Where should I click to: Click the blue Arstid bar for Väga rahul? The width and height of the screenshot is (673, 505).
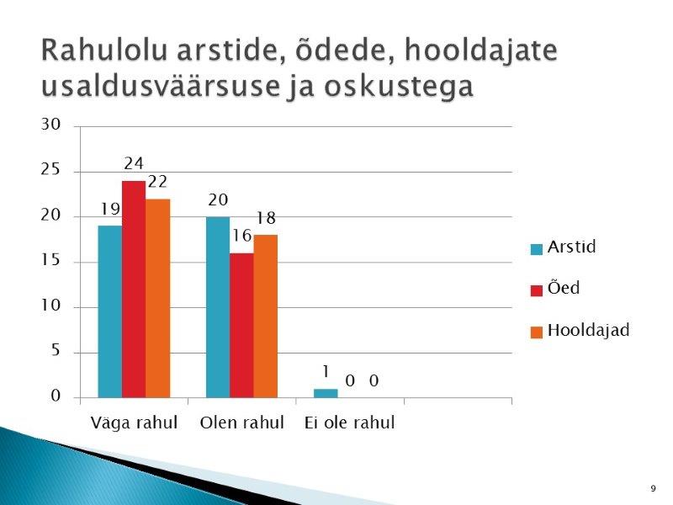point(110,311)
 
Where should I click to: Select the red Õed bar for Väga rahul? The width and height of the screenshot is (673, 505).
point(134,290)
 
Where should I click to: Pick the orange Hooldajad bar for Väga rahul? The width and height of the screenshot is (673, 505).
point(158,299)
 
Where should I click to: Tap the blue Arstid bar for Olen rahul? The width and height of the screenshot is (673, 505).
point(218,307)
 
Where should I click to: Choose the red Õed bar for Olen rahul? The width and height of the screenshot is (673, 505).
point(241,326)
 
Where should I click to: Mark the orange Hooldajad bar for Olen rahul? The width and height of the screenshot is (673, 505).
point(266,316)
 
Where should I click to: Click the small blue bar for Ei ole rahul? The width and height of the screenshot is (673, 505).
point(326,393)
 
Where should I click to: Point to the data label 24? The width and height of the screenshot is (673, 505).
point(134,163)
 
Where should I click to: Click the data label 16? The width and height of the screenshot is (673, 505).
point(241,236)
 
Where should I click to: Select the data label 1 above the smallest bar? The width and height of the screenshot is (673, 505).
point(326,371)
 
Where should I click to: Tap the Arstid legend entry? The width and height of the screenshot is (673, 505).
point(564,247)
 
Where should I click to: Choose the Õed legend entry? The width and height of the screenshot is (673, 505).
point(555,287)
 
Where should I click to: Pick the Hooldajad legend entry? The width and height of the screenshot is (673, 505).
point(580,331)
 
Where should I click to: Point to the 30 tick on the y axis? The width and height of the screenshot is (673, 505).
point(50,125)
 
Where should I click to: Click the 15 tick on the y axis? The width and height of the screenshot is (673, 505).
point(50,260)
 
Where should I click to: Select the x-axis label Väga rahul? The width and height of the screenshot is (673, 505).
point(134,423)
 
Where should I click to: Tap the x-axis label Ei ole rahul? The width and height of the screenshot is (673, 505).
point(349,423)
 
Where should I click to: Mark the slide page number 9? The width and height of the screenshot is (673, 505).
point(654,488)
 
